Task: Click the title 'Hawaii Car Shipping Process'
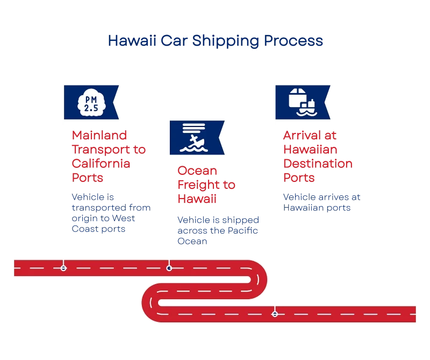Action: (216, 41)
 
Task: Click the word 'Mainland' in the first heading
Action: (98, 136)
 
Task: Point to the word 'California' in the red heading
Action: (102, 163)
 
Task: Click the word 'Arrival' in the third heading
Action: (305, 136)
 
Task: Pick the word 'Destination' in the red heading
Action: (317, 163)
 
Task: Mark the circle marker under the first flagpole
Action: (64, 267)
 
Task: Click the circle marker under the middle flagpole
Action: (169, 267)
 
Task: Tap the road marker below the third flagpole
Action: (275, 313)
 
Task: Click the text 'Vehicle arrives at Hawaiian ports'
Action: (321, 202)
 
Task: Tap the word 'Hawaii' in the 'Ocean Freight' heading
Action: (197, 199)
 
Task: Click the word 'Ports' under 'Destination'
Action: (299, 177)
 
